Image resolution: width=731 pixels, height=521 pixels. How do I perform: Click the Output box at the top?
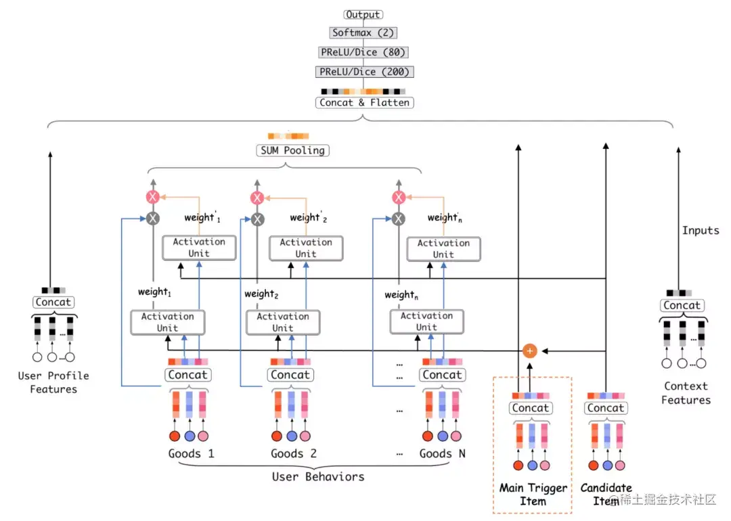(x=363, y=14)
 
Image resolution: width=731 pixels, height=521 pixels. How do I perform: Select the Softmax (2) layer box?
(x=363, y=32)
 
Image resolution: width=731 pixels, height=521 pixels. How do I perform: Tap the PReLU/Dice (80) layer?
(x=363, y=52)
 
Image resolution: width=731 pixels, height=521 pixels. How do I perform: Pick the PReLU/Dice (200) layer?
(x=363, y=72)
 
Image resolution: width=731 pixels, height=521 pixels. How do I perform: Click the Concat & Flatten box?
(x=364, y=103)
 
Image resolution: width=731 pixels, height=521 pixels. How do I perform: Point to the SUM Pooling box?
(x=292, y=150)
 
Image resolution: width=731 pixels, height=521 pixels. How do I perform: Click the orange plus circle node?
(x=530, y=350)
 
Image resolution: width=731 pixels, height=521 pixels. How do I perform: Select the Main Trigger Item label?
(x=533, y=495)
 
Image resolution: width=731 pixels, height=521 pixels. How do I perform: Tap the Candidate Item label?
(x=606, y=495)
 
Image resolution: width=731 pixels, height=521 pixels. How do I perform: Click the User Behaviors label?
(x=318, y=477)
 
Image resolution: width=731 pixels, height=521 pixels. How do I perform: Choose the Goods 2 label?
(x=294, y=453)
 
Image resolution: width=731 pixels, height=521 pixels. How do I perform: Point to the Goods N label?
(x=442, y=453)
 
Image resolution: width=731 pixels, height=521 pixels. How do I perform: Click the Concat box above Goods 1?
(x=188, y=375)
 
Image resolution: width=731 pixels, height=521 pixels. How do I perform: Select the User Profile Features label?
(x=53, y=382)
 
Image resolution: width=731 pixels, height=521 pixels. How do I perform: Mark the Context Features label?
(x=686, y=393)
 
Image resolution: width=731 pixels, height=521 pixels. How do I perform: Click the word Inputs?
(x=701, y=231)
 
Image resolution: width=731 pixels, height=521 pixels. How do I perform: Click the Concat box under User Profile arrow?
(x=53, y=302)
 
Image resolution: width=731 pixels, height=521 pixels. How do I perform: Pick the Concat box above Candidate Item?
(x=606, y=408)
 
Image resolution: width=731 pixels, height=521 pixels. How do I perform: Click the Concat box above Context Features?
(x=682, y=305)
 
